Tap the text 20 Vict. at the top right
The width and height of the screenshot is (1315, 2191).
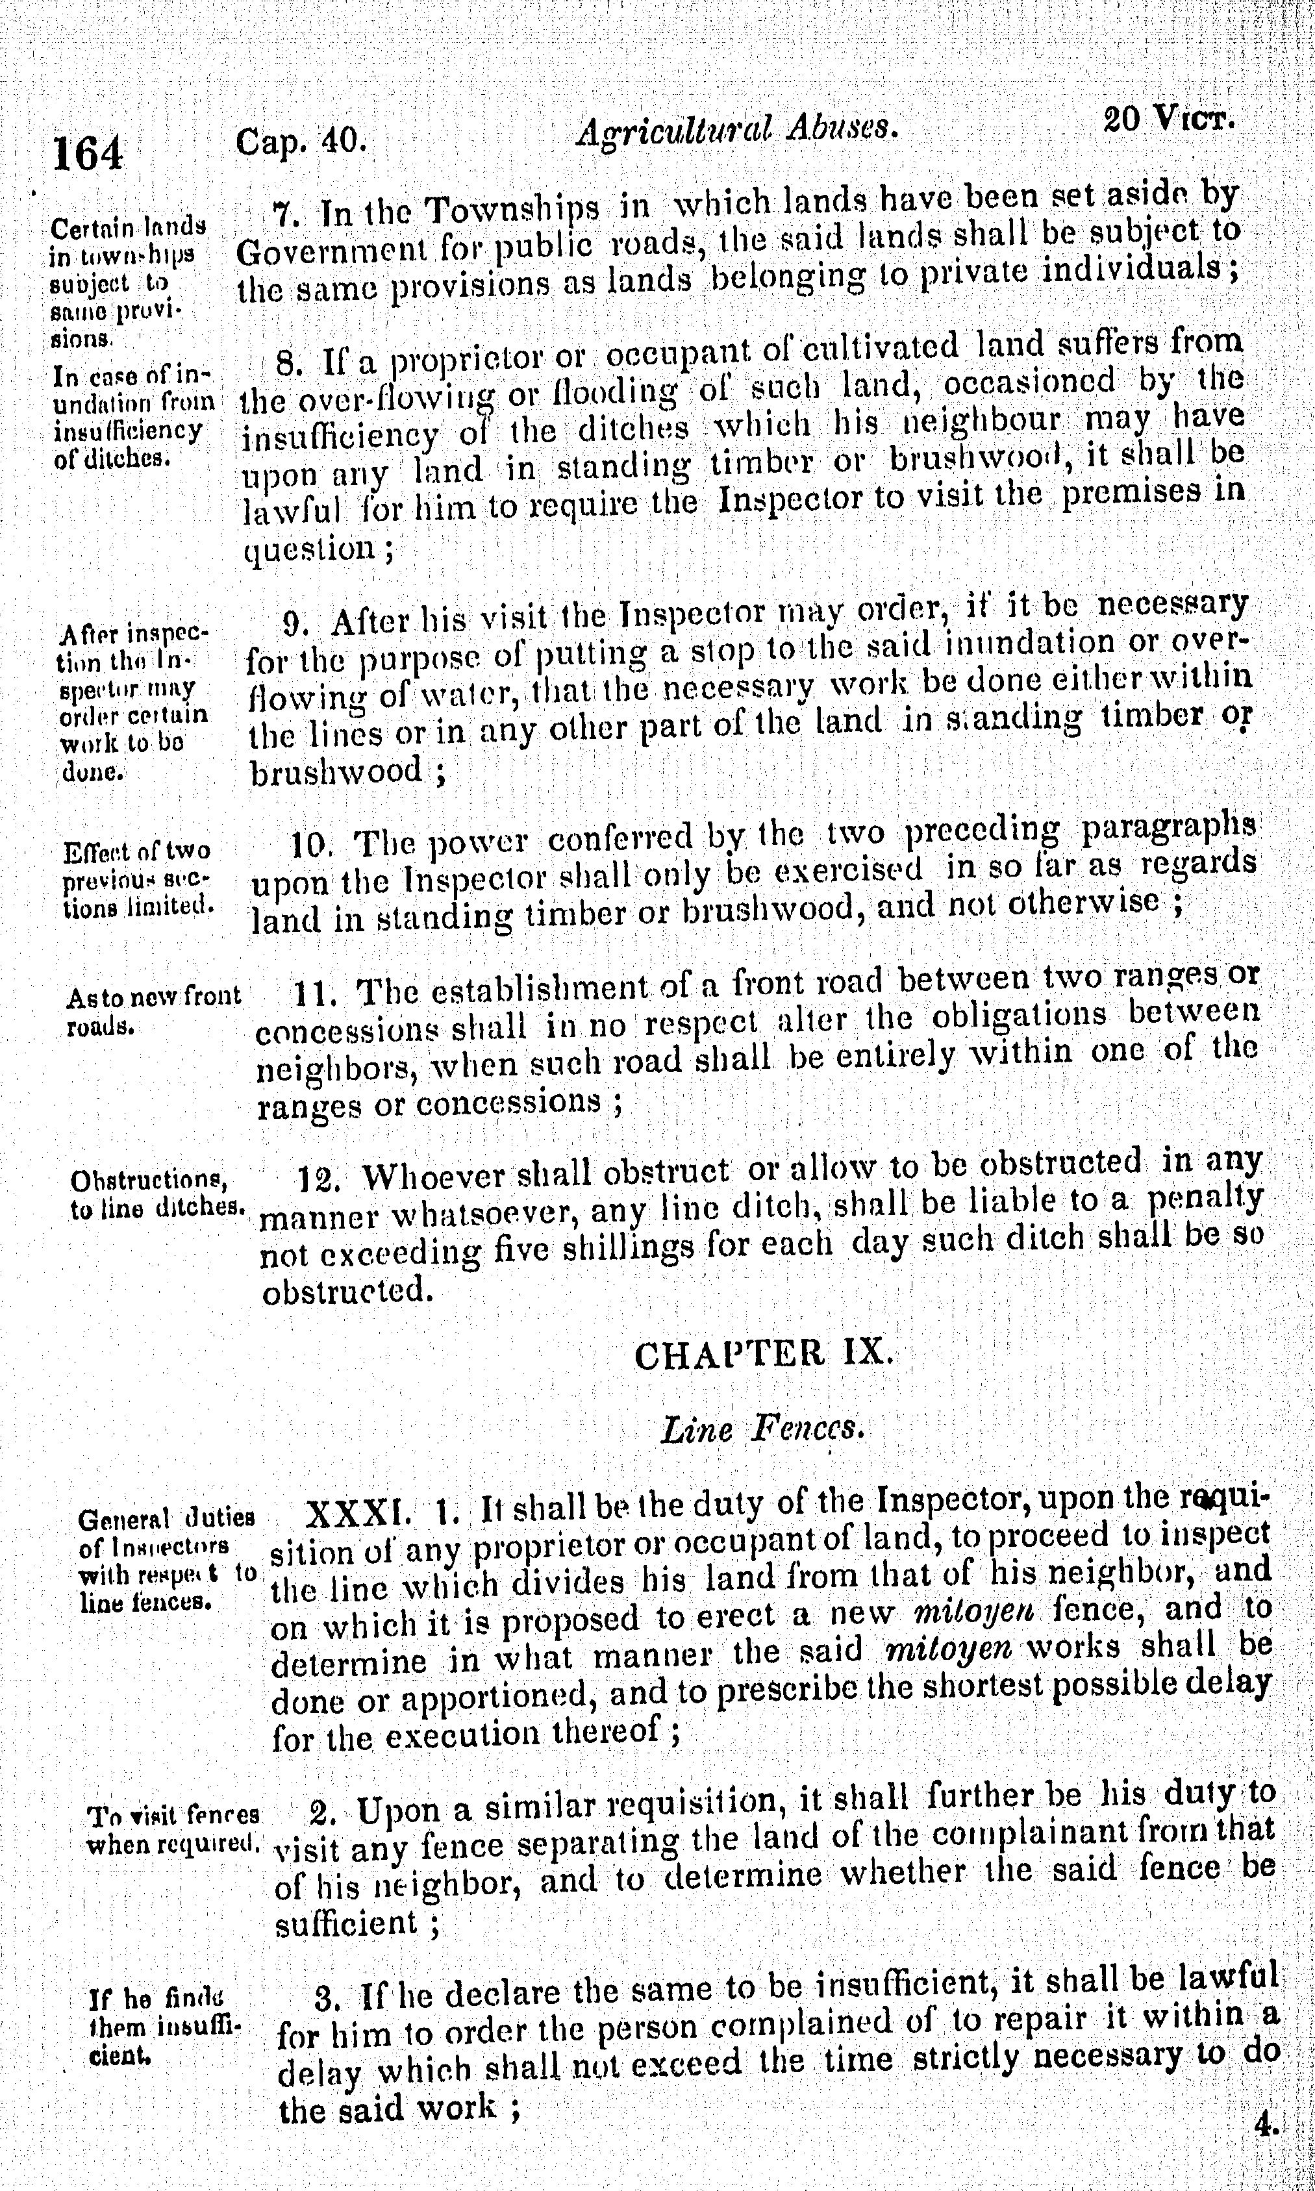click(1169, 118)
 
